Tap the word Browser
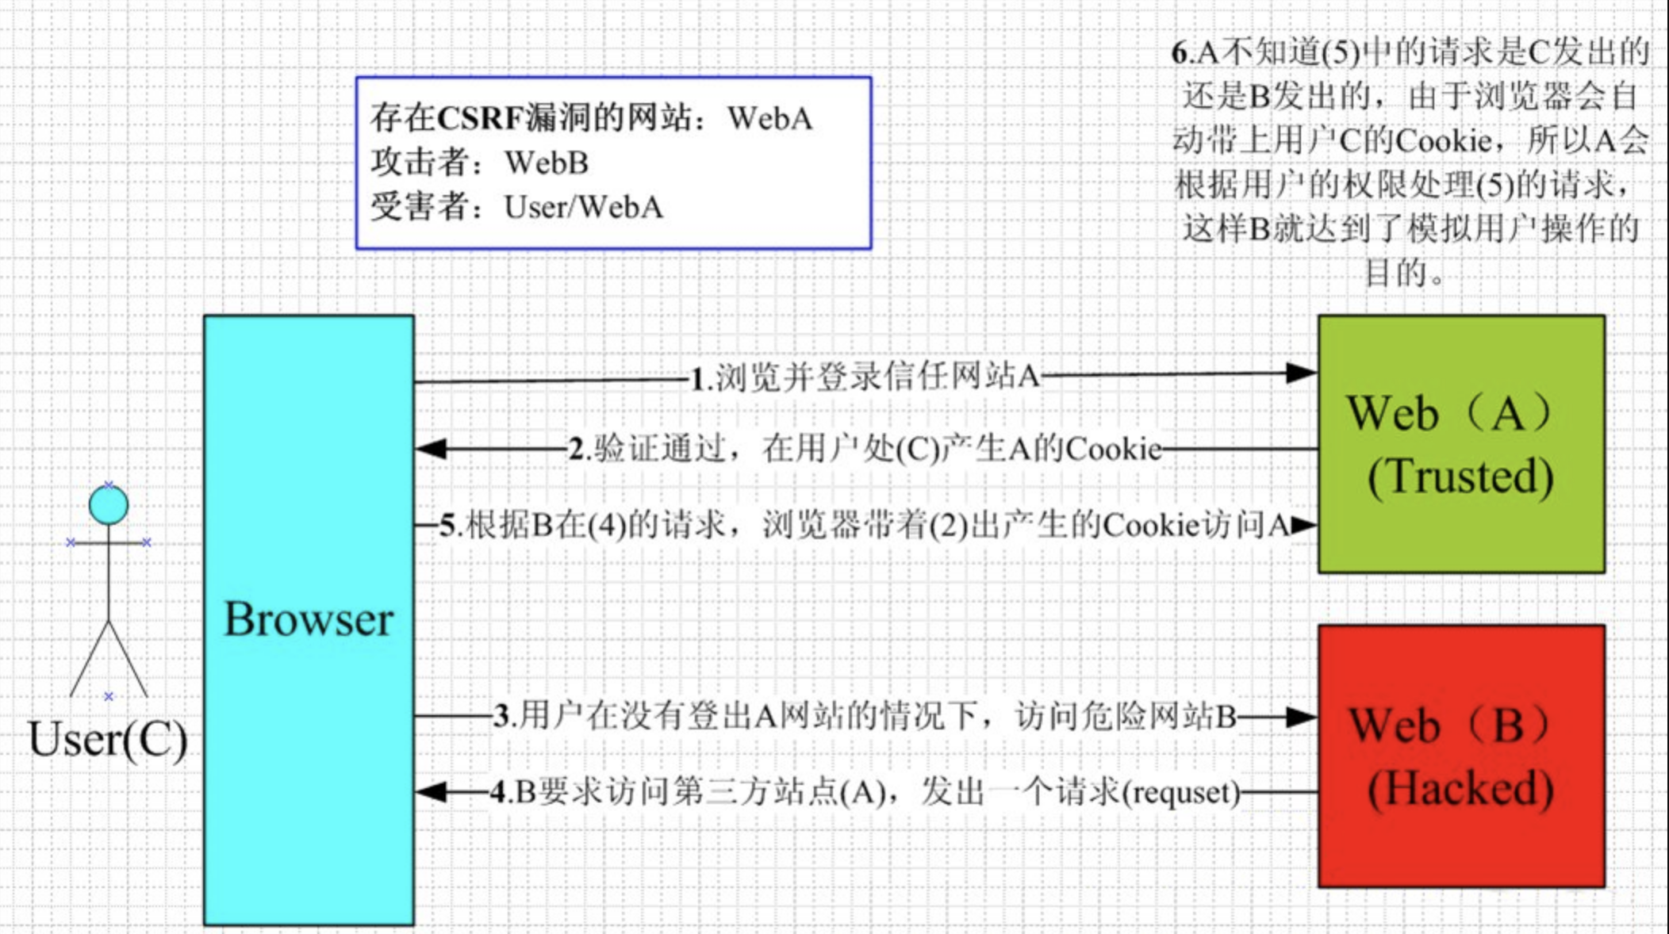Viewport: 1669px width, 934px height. [x=309, y=619]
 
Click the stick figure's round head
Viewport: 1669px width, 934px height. [x=109, y=505]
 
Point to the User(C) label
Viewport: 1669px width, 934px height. [x=108, y=739]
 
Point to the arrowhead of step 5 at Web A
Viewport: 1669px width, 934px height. [x=1305, y=525]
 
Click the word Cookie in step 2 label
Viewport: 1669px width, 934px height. [x=1114, y=450]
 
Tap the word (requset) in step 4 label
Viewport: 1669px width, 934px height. [x=1181, y=792]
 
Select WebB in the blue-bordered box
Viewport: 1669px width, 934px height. [x=547, y=163]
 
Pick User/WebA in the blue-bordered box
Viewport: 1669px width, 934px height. [x=583, y=207]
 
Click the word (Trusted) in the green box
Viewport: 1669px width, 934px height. [x=1460, y=477]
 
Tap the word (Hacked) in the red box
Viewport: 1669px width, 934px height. [x=1460, y=788]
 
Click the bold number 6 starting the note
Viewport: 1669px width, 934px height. [x=1180, y=53]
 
